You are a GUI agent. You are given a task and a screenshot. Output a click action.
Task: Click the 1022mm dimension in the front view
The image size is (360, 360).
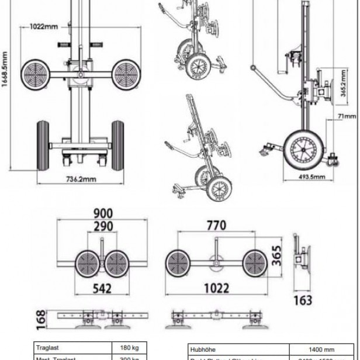[43, 26]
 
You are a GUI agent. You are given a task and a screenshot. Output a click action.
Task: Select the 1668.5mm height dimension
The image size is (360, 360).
[5, 69]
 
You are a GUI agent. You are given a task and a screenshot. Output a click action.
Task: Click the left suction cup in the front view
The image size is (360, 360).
[35, 73]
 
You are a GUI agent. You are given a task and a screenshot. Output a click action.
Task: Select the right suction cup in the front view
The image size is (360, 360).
[126, 73]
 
